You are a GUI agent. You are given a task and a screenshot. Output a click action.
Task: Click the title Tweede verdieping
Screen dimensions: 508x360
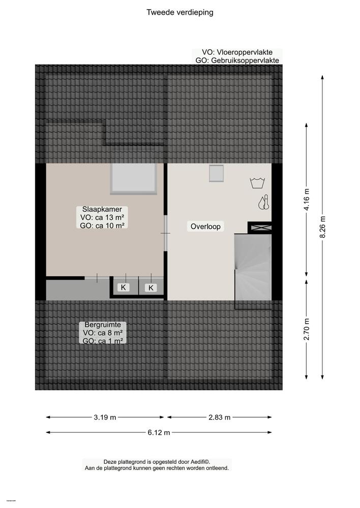[179, 13]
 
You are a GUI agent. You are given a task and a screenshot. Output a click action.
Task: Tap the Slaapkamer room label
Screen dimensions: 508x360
[102, 209]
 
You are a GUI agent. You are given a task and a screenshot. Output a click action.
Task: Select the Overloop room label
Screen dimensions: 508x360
[205, 227]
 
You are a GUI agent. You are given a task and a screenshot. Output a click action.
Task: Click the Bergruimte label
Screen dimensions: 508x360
[102, 325]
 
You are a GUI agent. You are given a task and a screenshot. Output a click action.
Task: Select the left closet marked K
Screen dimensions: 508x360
[123, 288]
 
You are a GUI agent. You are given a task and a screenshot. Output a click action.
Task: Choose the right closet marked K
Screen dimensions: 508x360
[151, 288]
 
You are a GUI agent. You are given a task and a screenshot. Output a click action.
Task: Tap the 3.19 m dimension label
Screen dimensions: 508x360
[105, 418]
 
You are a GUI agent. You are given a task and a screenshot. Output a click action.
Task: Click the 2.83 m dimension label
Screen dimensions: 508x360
[219, 418]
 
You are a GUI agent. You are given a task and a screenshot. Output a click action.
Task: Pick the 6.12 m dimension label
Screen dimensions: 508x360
[159, 433]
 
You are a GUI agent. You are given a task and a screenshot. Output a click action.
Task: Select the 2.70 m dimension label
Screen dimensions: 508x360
[306, 329]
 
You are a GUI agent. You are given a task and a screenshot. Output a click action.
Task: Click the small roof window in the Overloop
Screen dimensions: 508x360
[217, 174]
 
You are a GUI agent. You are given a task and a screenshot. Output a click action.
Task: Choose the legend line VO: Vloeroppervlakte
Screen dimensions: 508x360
[236, 52]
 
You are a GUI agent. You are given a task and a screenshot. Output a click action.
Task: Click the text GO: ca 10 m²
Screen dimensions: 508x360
[102, 226]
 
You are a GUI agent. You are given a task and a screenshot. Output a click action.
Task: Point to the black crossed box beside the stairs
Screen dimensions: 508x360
[259, 228]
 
